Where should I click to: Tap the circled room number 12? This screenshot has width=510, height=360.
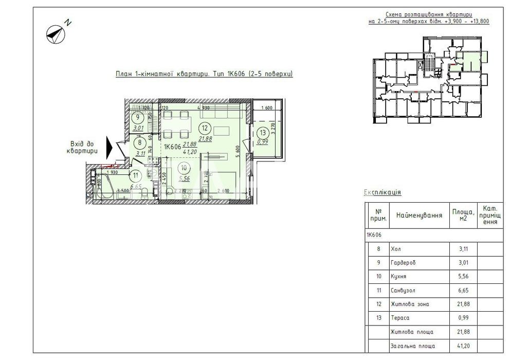click(x=205, y=128)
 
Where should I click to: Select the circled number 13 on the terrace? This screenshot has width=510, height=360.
click(x=263, y=132)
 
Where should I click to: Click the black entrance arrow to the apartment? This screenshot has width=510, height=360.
click(x=108, y=147)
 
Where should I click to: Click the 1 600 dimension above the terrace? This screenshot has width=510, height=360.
click(x=266, y=109)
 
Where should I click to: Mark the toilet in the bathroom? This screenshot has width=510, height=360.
click(x=146, y=193)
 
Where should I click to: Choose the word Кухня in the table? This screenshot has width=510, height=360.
click(x=399, y=276)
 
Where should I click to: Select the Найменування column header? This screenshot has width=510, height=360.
click(x=419, y=215)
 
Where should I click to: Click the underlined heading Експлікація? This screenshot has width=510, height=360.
click(x=383, y=192)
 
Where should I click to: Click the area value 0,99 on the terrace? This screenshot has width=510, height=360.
click(x=263, y=141)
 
